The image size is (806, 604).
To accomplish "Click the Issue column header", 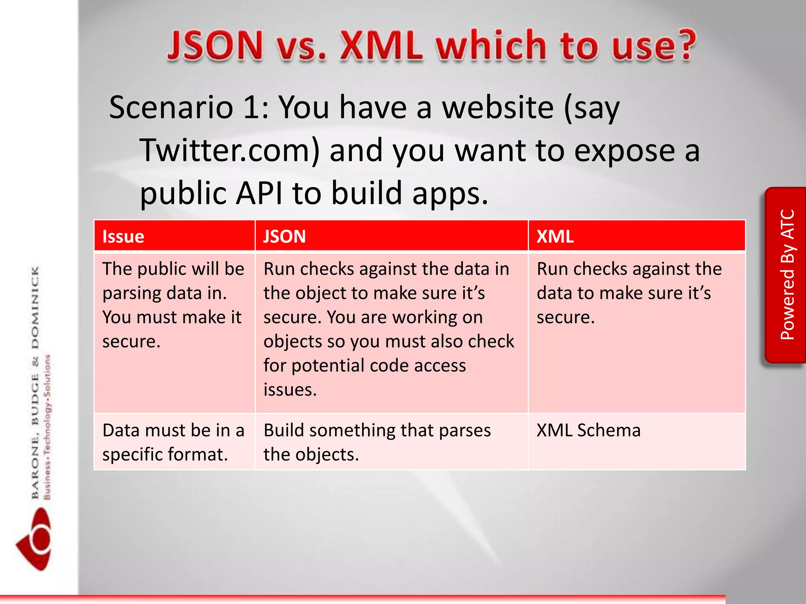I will click(123, 237).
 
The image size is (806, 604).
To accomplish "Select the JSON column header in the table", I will click(284, 237).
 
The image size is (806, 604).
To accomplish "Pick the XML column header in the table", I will click(555, 237).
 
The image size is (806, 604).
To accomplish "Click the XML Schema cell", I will click(588, 430).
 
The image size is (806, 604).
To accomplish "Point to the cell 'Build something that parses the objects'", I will click(377, 442).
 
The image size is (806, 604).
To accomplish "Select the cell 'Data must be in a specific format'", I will click(173, 442).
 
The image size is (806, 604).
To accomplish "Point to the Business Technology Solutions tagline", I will click(48, 427).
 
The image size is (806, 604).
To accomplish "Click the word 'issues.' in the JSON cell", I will click(290, 390).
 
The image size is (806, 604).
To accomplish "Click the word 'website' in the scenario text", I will click(498, 107).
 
